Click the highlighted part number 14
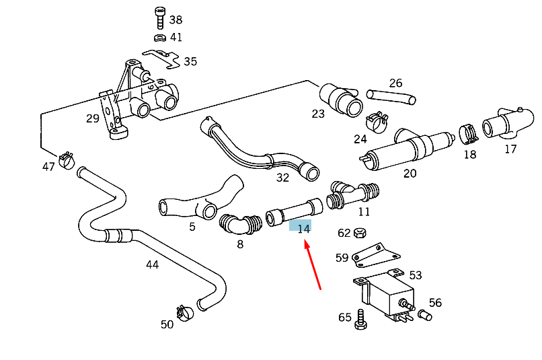pyautogui.click(x=303, y=228)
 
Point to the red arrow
pyautogui.click(x=313, y=266)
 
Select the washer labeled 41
pyautogui.click(x=160, y=37)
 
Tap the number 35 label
pyautogui.click(x=190, y=62)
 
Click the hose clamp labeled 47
pyautogui.click(x=67, y=160)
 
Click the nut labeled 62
pyautogui.click(x=359, y=233)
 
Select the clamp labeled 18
pyautogui.click(x=469, y=133)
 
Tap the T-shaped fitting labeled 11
pyautogui.click(x=350, y=193)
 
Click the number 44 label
pyautogui.click(x=153, y=264)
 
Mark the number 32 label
pyautogui.click(x=282, y=178)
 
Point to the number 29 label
pyautogui.click(x=93, y=118)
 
